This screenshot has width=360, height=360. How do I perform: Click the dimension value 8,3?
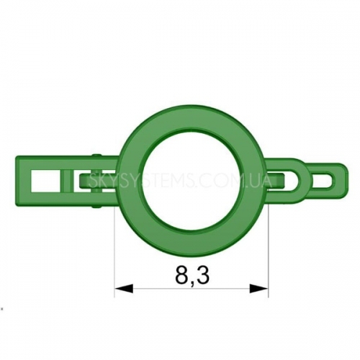click(192, 275)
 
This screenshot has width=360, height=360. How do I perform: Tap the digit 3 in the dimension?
click(203, 274)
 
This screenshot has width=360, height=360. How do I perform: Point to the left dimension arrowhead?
click(124, 288)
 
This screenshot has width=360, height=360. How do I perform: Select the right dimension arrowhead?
click(258, 288)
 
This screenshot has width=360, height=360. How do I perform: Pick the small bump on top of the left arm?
click(96, 156)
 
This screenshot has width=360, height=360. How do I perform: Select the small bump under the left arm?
click(96, 206)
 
